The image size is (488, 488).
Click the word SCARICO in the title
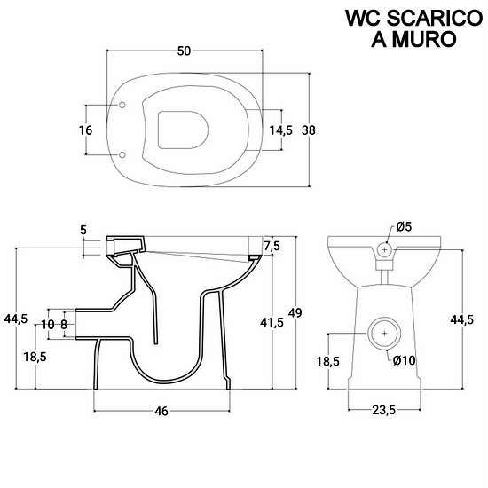pyautogui.click(x=435, y=19)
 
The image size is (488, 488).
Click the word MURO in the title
pyautogui.click(x=424, y=39)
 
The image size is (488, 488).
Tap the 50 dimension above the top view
pyautogui.click(x=184, y=51)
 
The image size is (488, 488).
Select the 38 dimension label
pyautogui.click(x=309, y=130)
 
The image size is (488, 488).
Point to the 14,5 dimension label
pyautogui.click(x=280, y=130)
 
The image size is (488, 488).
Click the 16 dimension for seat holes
pyautogui.click(x=85, y=130)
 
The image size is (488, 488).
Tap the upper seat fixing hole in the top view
pyautogui.click(x=122, y=106)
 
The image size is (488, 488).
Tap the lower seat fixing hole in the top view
pyautogui.click(x=122, y=154)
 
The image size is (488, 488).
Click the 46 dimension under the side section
pyautogui.click(x=161, y=411)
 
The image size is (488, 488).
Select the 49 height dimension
pyautogui.click(x=295, y=312)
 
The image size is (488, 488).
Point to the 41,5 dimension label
pyautogui.click(x=272, y=323)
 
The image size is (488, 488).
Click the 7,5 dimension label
pyautogui.click(x=272, y=246)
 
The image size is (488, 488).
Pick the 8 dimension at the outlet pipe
pyautogui.click(x=64, y=325)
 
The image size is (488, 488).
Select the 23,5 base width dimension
pyautogui.click(x=383, y=411)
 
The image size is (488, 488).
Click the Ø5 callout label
pyautogui.click(x=404, y=226)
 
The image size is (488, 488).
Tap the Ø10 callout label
pyautogui.click(x=404, y=360)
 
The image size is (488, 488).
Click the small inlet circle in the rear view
pyautogui.click(x=385, y=249)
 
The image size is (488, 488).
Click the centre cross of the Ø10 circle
pyautogui.click(x=385, y=334)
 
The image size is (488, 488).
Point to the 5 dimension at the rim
pyautogui.click(x=83, y=231)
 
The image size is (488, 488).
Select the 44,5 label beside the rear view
pyautogui.click(x=462, y=319)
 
